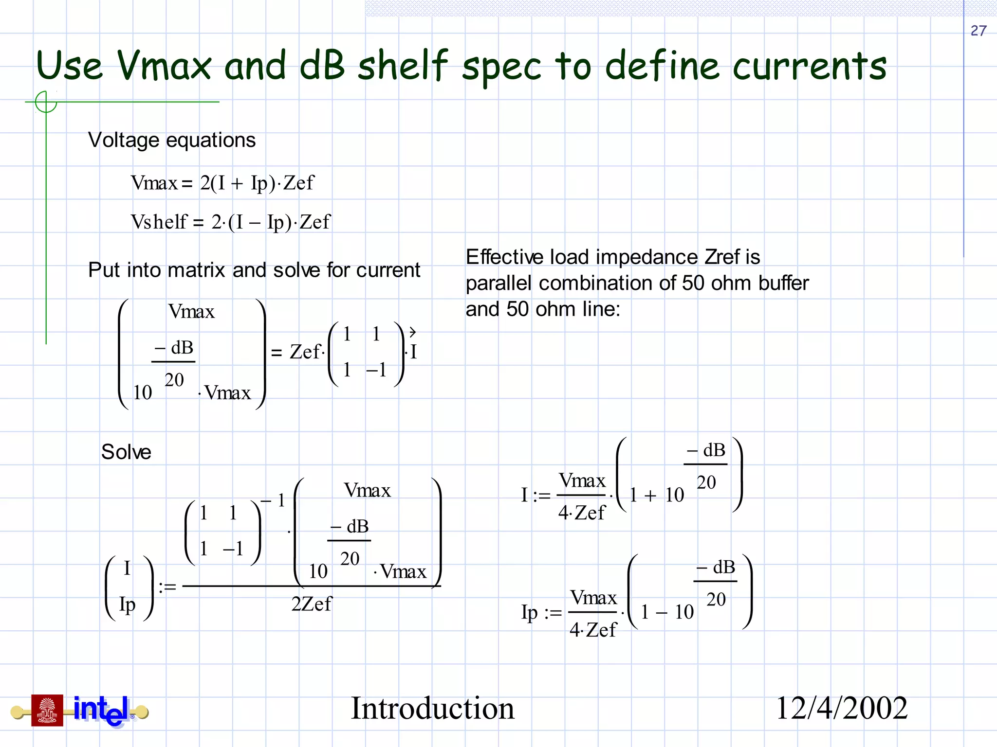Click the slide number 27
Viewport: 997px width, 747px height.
(x=978, y=31)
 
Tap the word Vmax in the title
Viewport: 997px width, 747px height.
(x=164, y=66)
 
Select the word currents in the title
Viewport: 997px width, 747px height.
(x=809, y=67)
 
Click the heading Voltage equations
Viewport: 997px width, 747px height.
(x=171, y=140)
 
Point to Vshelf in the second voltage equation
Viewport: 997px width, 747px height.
(x=159, y=222)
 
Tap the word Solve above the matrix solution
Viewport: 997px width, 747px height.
(x=126, y=452)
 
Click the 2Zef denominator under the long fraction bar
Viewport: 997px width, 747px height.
(x=312, y=604)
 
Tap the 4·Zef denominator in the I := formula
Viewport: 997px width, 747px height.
(x=582, y=513)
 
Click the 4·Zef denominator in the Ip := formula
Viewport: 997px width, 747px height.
(x=593, y=630)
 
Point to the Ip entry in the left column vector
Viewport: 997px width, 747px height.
(x=128, y=605)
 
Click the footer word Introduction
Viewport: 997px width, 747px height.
(x=432, y=708)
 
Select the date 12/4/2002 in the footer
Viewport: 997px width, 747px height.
(x=842, y=708)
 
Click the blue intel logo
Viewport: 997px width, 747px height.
(x=101, y=711)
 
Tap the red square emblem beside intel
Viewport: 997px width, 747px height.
(x=47, y=711)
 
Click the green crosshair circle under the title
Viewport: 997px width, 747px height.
(x=46, y=102)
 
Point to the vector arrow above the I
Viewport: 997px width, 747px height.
(x=412, y=333)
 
